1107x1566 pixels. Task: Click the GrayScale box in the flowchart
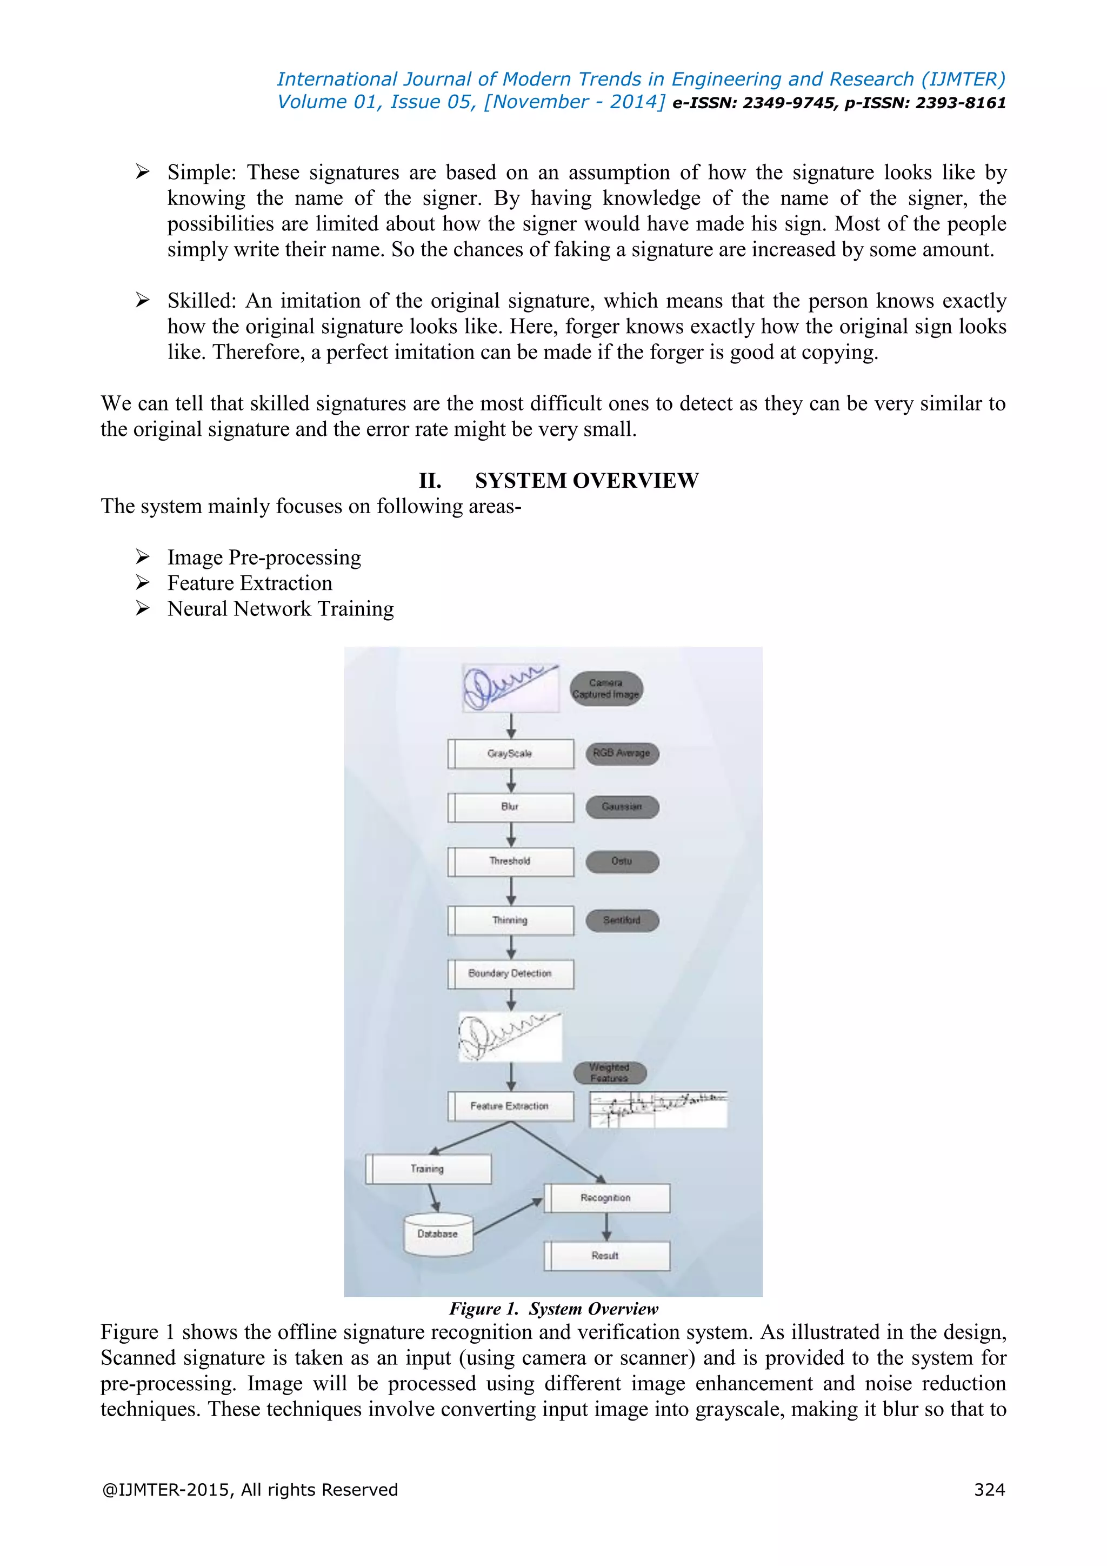[x=511, y=754]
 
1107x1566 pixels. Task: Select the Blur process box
[x=511, y=807]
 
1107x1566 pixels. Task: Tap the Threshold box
[x=511, y=861]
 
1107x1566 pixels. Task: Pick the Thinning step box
[x=511, y=920]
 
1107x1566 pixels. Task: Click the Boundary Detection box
[x=511, y=973]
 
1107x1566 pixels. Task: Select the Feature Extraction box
[x=511, y=1106]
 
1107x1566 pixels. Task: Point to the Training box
[x=428, y=1169]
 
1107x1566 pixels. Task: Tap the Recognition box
[x=606, y=1198]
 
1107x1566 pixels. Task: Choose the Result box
[x=606, y=1256]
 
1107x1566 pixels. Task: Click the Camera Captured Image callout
[x=606, y=688]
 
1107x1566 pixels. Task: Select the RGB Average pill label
[x=622, y=754]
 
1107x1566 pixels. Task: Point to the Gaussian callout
[x=622, y=807]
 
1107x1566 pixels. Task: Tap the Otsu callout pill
[x=622, y=861]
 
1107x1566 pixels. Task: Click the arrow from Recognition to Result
[x=606, y=1227]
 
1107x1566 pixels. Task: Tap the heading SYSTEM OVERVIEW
[x=586, y=481]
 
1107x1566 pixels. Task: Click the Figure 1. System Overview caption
[x=553, y=1309]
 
